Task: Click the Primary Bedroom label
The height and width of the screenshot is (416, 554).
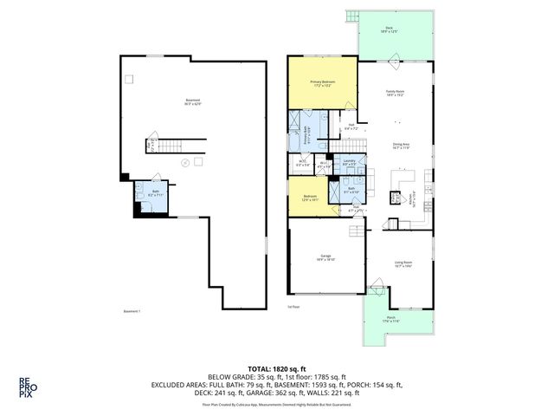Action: pyautogui.click(x=322, y=83)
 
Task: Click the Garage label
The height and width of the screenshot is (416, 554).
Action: pyautogui.click(x=325, y=257)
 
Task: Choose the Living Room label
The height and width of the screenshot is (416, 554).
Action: pyautogui.click(x=403, y=264)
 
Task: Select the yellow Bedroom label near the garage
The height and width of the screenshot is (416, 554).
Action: pyautogui.click(x=310, y=198)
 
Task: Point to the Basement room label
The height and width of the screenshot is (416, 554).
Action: pyautogui.click(x=193, y=103)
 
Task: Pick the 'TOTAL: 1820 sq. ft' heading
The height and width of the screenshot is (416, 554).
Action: pyautogui.click(x=276, y=367)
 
